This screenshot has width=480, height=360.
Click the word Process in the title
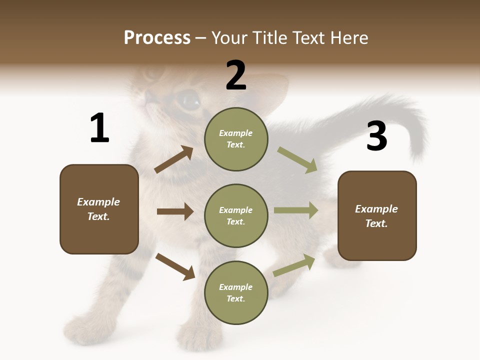[157, 37]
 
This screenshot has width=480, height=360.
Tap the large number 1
[99, 128]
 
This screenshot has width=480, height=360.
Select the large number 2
[236, 75]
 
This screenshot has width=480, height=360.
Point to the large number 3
[377, 136]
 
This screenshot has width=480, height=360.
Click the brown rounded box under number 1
[99, 209]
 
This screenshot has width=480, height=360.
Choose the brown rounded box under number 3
[377, 215]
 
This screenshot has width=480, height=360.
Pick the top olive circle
[236, 139]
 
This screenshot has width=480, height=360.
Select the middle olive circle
[236, 215]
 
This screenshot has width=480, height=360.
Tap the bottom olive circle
[236, 292]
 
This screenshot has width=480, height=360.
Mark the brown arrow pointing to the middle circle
[175, 211]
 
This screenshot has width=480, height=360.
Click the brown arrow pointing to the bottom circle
[175, 266]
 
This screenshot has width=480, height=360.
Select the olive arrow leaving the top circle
[297, 159]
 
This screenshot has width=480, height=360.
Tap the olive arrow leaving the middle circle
[296, 210]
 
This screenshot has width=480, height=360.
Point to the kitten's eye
[189, 100]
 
